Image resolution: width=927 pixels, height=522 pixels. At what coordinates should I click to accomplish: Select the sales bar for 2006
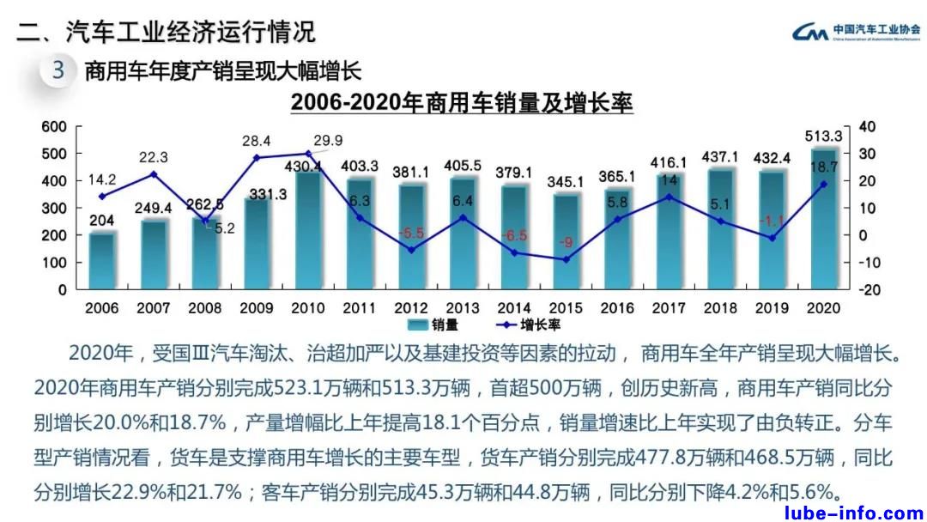(102, 261)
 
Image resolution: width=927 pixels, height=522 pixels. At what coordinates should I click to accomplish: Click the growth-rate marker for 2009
(256, 158)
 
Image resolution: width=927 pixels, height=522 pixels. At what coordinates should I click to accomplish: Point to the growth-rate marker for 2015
(565, 259)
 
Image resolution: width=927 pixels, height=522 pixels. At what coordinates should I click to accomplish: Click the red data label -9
(566, 242)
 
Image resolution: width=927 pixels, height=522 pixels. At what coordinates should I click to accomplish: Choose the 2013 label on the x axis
(462, 307)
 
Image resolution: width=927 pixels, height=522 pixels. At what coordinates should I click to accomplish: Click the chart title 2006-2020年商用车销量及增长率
(461, 103)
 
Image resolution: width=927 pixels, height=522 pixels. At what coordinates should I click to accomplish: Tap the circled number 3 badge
(58, 70)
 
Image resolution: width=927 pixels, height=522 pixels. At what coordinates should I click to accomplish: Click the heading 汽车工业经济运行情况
(190, 32)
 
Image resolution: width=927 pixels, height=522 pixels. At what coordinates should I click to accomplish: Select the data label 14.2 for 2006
(102, 180)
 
